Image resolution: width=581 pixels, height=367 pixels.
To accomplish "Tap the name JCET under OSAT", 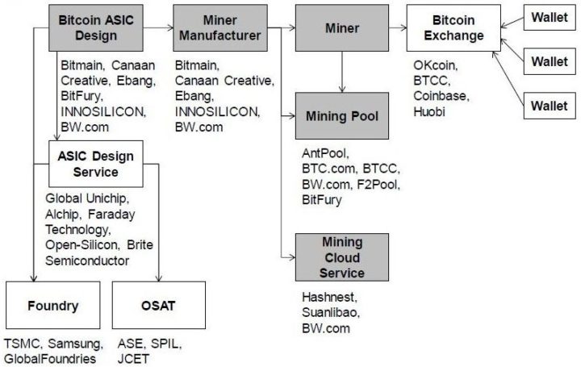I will (x=133, y=358).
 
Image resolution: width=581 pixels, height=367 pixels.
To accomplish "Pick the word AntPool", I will (x=320, y=154).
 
